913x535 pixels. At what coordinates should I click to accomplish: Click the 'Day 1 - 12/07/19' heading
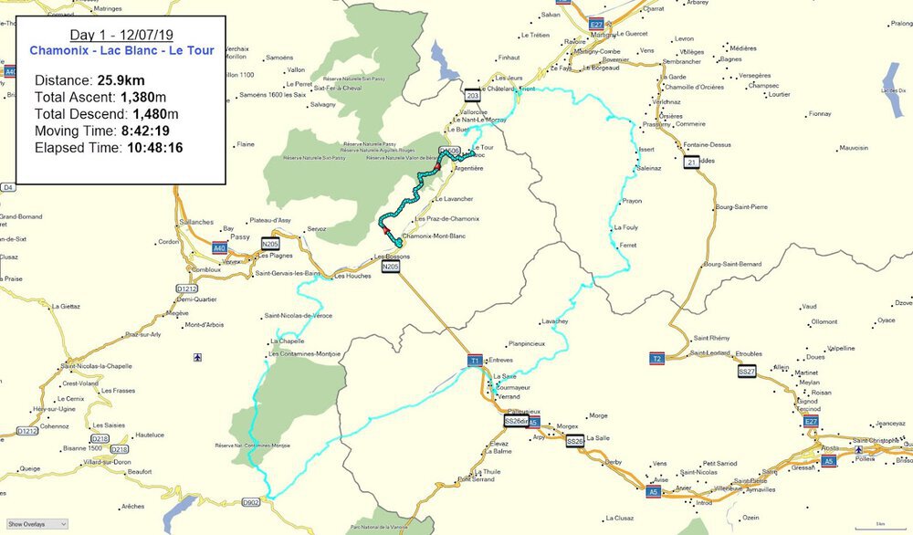(x=121, y=36)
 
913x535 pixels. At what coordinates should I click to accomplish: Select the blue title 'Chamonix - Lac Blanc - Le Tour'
(x=121, y=51)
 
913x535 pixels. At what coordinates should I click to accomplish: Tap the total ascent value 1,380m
(x=143, y=98)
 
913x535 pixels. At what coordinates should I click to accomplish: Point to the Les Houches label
(x=353, y=276)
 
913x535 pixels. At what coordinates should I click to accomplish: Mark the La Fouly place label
(x=625, y=227)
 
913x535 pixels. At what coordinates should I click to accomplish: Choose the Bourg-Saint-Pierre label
(x=741, y=207)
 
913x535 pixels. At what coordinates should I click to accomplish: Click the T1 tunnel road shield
(x=474, y=361)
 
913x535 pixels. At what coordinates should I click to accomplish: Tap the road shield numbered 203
(x=472, y=95)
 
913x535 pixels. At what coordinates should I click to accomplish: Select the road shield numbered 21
(x=691, y=162)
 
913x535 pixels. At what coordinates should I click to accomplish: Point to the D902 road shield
(x=251, y=501)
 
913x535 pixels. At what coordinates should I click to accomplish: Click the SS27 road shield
(x=747, y=372)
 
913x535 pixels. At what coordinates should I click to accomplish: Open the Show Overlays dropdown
(x=37, y=525)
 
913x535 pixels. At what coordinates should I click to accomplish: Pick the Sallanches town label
(x=196, y=222)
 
